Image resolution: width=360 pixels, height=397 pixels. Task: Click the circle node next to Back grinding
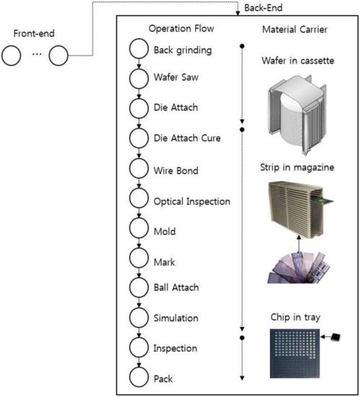[x=139, y=50]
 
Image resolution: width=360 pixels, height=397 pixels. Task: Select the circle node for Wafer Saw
[x=139, y=79]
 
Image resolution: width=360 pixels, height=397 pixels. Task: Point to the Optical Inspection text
[x=193, y=201]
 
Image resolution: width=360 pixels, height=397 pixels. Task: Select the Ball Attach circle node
[x=139, y=287]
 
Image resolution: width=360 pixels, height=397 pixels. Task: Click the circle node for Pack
[x=139, y=377]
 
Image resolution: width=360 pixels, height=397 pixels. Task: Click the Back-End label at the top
[x=263, y=7]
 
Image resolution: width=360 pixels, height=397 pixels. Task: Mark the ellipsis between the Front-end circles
[x=35, y=54]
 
